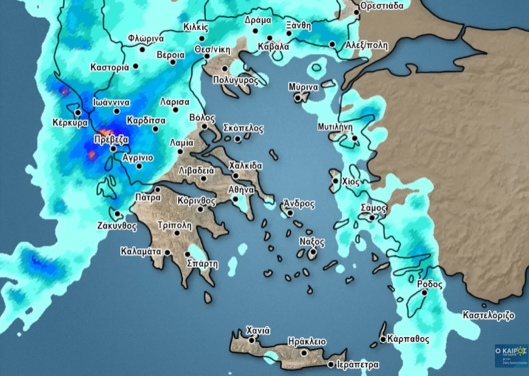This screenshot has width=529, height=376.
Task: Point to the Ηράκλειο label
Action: (307, 341)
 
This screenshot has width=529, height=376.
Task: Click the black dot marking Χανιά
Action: (252, 340)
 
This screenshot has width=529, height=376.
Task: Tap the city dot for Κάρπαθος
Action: (382, 339)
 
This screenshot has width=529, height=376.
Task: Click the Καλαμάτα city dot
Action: (168, 252)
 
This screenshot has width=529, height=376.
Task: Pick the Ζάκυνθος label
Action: (116, 226)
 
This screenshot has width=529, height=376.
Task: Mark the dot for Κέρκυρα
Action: (78, 112)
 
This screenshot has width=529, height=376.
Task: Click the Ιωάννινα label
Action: (111, 102)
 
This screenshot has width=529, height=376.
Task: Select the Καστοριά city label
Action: (110, 68)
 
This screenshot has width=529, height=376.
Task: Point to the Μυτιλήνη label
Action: (335, 126)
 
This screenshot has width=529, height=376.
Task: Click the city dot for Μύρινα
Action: (299, 98)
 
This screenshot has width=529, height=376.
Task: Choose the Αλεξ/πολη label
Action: (366, 45)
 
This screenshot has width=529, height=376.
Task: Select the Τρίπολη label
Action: (175, 225)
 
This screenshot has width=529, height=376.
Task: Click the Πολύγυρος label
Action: (235, 79)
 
